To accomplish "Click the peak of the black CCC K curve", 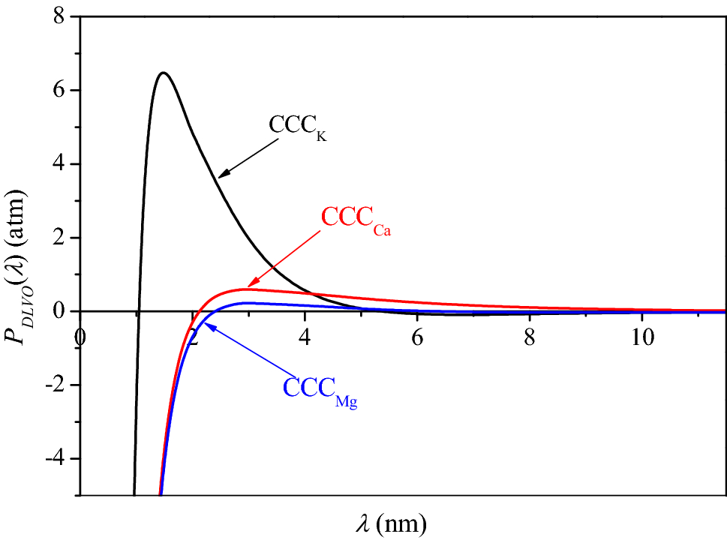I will [163, 73].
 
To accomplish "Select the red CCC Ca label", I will [356, 218].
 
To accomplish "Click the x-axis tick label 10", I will [641, 337].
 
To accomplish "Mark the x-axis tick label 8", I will [530, 337].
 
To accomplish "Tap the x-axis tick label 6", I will [417, 337].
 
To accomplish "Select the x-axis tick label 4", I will [305, 337].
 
